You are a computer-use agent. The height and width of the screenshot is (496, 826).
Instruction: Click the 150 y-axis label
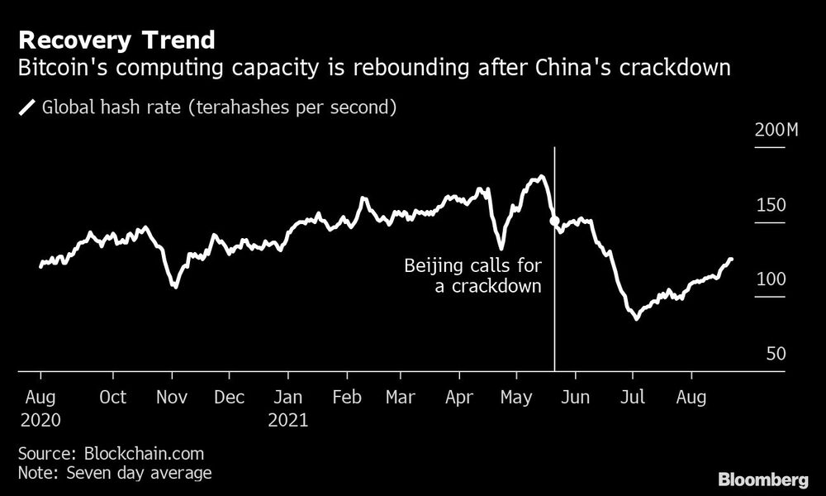point(771,205)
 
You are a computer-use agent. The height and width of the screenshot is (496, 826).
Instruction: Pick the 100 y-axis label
point(771,279)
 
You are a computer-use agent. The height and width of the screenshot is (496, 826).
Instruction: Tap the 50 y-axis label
point(775,354)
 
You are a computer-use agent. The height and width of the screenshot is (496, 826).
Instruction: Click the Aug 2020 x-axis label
point(40,408)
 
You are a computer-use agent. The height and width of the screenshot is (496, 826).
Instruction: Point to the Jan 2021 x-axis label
point(287,408)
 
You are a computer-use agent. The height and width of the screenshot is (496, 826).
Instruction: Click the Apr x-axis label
point(459,397)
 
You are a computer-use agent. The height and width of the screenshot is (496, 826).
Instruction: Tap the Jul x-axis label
point(633,397)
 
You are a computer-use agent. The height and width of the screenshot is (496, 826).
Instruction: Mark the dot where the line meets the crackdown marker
point(554,222)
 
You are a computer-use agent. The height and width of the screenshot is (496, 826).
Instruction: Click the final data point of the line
point(730,260)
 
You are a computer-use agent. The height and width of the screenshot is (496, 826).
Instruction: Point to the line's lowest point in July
point(636,318)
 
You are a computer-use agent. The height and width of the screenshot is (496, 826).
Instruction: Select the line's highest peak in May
point(541,176)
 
